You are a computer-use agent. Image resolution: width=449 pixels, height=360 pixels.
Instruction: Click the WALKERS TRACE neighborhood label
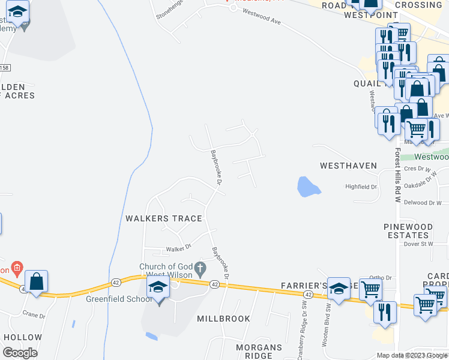pyautogui.click(x=163, y=218)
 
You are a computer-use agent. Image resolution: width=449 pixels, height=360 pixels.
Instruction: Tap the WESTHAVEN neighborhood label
pyautogui.click(x=348, y=166)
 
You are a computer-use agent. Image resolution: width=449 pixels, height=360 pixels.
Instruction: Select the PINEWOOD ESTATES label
pyautogui.click(x=408, y=231)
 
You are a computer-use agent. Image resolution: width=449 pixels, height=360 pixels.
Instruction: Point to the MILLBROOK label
pyautogui.click(x=224, y=319)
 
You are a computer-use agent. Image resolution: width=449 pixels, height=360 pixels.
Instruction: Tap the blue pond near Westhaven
pyautogui.click(x=308, y=187)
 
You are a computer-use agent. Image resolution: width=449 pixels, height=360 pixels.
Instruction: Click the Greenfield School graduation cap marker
pyautogui.click(x=157, y=288)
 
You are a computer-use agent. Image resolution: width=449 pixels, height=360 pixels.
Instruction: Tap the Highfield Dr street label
pyautogui.click(x=361, y=187)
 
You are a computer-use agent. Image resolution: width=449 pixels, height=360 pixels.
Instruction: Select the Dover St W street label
pyautogui.click(x=418, y=244)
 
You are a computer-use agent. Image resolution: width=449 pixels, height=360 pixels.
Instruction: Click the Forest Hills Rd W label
pyautogui.click(x=397, y=176)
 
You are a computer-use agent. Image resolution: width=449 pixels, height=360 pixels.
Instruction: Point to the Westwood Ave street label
pyautogui.click(x=262, y=20)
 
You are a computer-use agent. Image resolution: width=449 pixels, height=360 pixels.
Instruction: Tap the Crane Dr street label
pyautogui.click(x=33, y=315)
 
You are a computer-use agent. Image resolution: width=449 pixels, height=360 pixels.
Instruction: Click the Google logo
pyautogui.click(x=20, y=353)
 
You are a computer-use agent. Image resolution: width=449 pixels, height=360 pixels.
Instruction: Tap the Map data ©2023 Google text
pyautogui.click(x=411, y=355)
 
